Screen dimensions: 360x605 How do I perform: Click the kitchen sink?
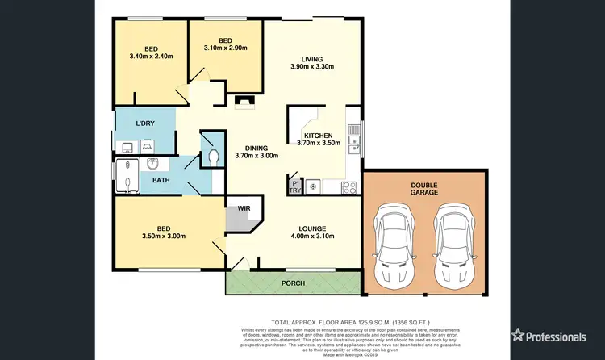[353, 131]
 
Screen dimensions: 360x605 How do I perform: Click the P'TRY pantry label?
[295, 186]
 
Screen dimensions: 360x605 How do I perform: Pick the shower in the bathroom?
[126, 177]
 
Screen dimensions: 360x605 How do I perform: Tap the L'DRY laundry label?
[145, 123]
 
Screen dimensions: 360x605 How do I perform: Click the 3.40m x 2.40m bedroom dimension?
[151, 56]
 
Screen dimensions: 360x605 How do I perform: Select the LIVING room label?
[312, 59]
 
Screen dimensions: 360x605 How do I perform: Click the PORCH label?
[292, 283]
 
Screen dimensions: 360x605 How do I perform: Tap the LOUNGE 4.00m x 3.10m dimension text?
[311, 236]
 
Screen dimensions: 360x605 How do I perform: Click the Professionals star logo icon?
[519, 335]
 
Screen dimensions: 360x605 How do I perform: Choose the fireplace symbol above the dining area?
[244, 102]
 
